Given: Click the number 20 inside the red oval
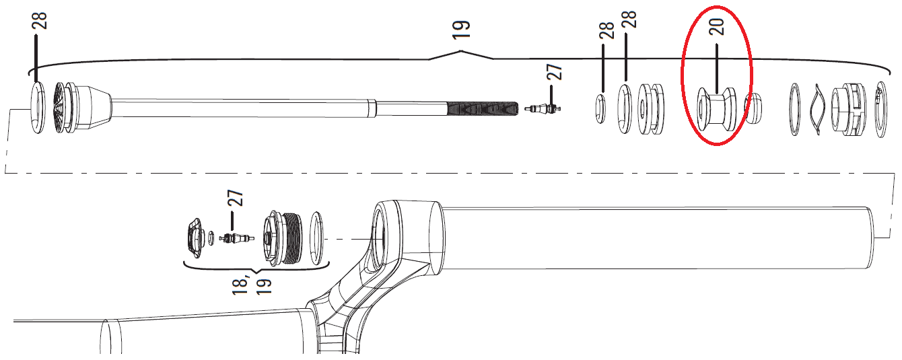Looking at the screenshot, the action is pyautogui.click(x=717, y=26).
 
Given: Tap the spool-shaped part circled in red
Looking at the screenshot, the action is pyautogui.click(x=716, y=110).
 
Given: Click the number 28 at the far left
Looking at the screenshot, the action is pyautogui.click(x=40, y=21).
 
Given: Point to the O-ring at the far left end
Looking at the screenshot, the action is pyautogui.click(x=32, y=108).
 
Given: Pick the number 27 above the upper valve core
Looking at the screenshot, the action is pyautogui.click(x=555, y=72).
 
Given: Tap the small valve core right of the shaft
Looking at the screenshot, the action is pyautogui.click(x=543, y=108).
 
